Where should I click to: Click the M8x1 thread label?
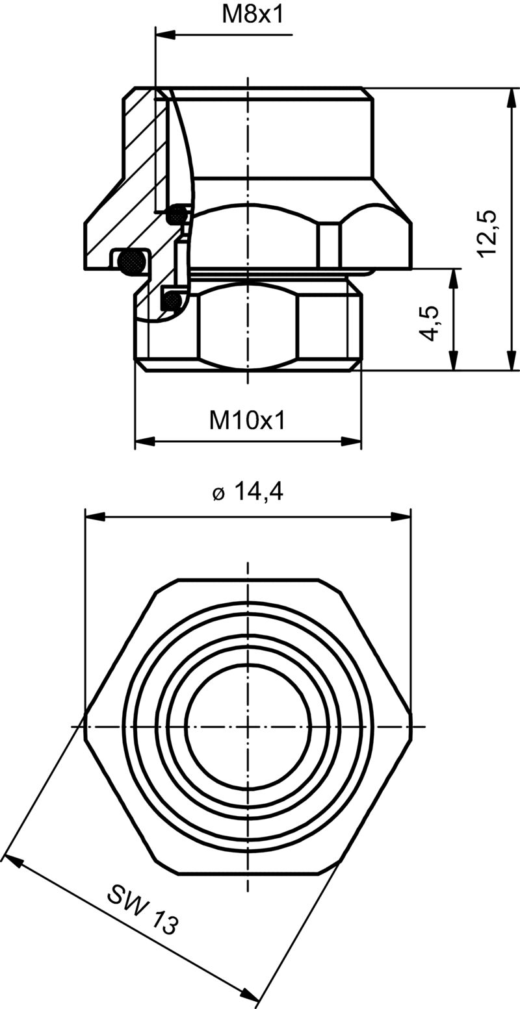point(253,15)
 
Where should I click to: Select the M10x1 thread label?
point(247,421)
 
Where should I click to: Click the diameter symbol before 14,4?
point(218,494)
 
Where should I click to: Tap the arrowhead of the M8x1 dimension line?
point(166,34)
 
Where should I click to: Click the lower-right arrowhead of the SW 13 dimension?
point(250,994)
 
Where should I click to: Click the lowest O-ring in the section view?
point(172,301)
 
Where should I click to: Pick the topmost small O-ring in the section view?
point(177,213)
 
